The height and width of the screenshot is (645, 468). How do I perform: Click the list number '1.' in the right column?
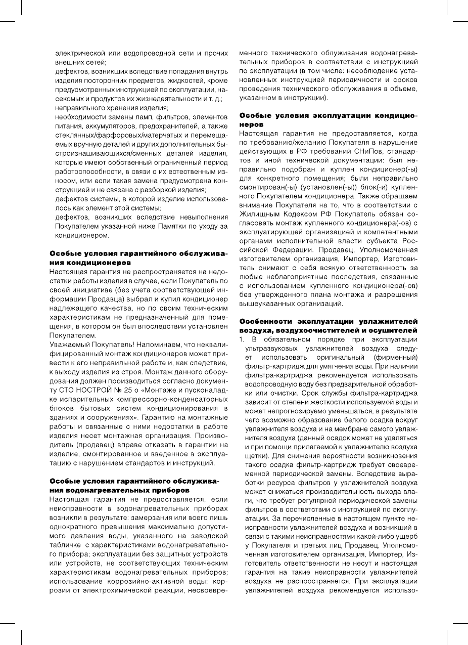[x=242, y=338]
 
